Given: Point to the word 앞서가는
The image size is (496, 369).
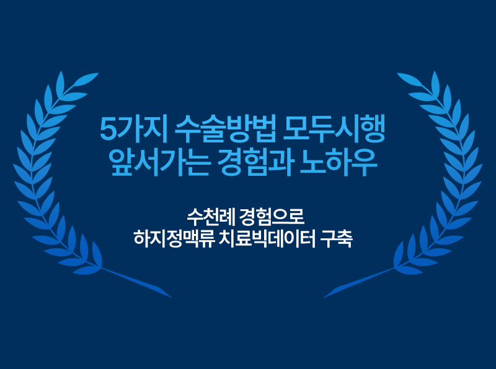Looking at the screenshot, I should pos(154,159).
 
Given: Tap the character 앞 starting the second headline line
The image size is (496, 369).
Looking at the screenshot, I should pos(120,159).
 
